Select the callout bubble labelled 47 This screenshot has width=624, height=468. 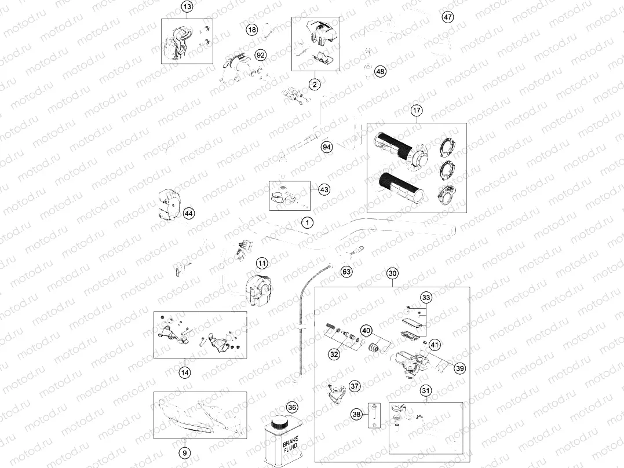pyautogui.click(x=447, y=17)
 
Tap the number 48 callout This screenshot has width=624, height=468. pyautogui.click(x=379, y=72)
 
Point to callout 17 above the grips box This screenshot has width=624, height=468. pyautogui.click(x=417, y=110)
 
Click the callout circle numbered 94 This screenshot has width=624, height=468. pyautogui.click(x=327, y=147)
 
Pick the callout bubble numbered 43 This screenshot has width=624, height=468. pyautogui.click(x=324, y=189)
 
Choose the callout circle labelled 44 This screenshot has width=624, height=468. pyautogui.click(x=188, y=214)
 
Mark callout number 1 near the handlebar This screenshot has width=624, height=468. pyautogui.click(x=307, y=222)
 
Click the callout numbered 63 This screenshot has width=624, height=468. pyautogui.click(x=346, y=270)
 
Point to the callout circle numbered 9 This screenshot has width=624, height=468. pyautogui.click(x=184, y=452)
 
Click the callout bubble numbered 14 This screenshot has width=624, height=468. pyautogui.click(x=184, y=373)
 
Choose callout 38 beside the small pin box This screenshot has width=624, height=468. pyautogui.click(x=356, y=414)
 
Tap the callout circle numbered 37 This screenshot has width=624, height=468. pyautogui.click(x=355, y=386)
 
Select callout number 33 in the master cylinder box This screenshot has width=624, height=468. pyautogui.click(x=426, y=298)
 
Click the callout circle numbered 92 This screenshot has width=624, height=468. pyautogui.click(x=260, y=55)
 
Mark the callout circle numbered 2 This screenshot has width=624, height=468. pyautogui.click(x=315, y=85)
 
